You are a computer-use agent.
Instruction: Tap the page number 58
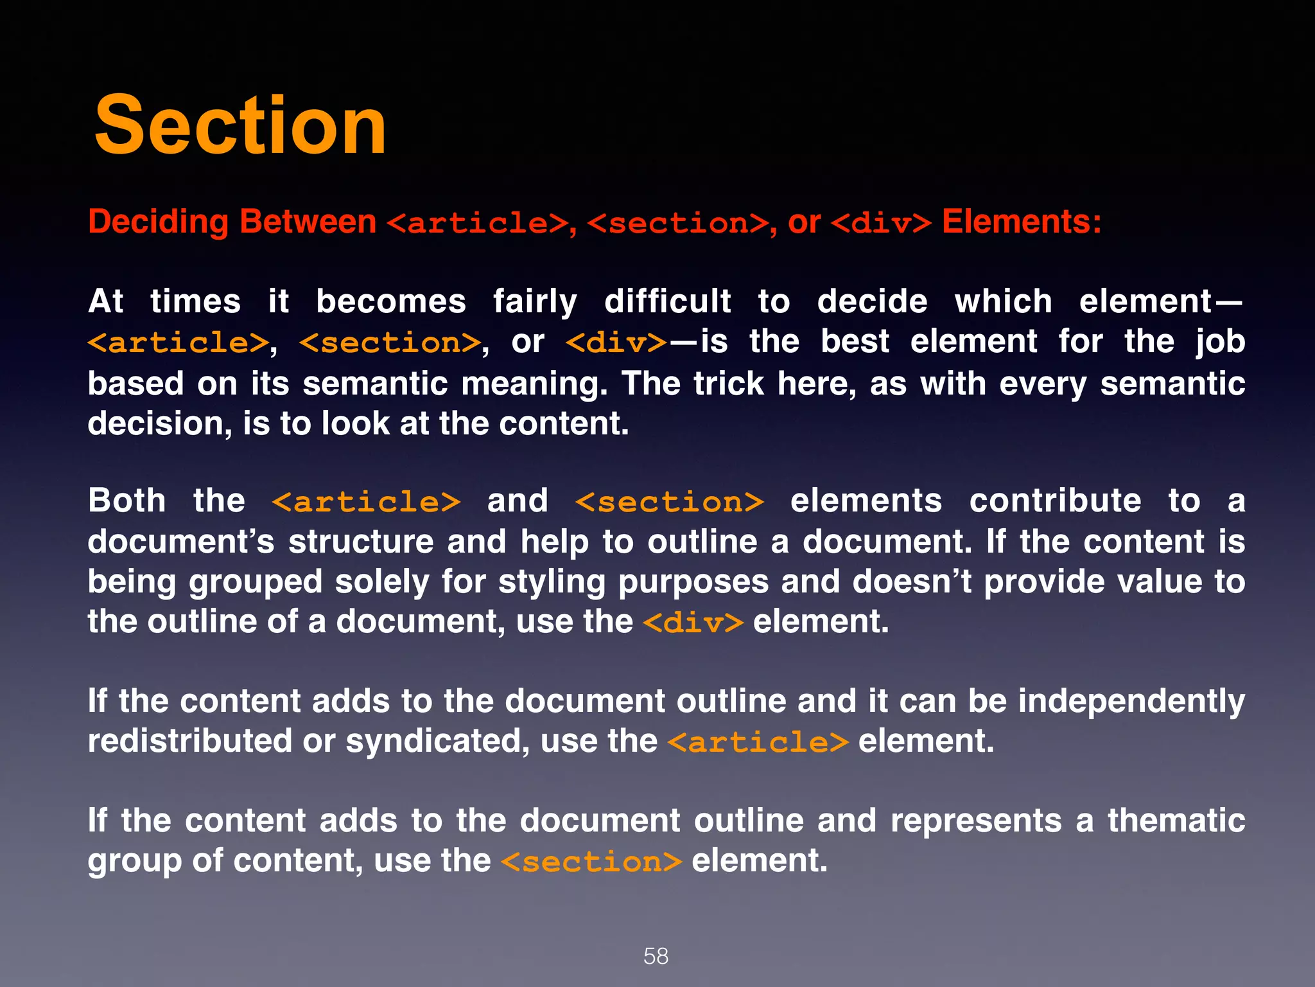tap(656, 956)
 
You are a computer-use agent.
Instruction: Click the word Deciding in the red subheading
tap(158, 222)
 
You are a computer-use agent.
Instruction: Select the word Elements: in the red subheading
tap(1022, 222)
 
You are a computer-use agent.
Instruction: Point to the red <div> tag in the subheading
tap(881, 224)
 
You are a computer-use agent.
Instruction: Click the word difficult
tap(667, 302)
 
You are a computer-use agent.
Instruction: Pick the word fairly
tap(535, 302)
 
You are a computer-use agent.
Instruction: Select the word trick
tap(728, 384)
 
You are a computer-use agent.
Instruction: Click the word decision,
tap(159, 424)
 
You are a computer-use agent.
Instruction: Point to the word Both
tap(127, 501)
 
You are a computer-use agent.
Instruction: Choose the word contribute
tap(1055, 501)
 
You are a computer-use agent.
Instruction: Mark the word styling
tap(552, 583)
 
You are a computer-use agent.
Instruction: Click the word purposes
tap(693, 583)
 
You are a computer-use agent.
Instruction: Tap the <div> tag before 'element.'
tap(693, 623)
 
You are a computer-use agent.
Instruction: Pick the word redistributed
tap(189, 742)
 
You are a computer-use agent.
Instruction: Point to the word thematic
tap(1176, 821)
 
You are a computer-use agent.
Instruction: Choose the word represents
tap(976, 821)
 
